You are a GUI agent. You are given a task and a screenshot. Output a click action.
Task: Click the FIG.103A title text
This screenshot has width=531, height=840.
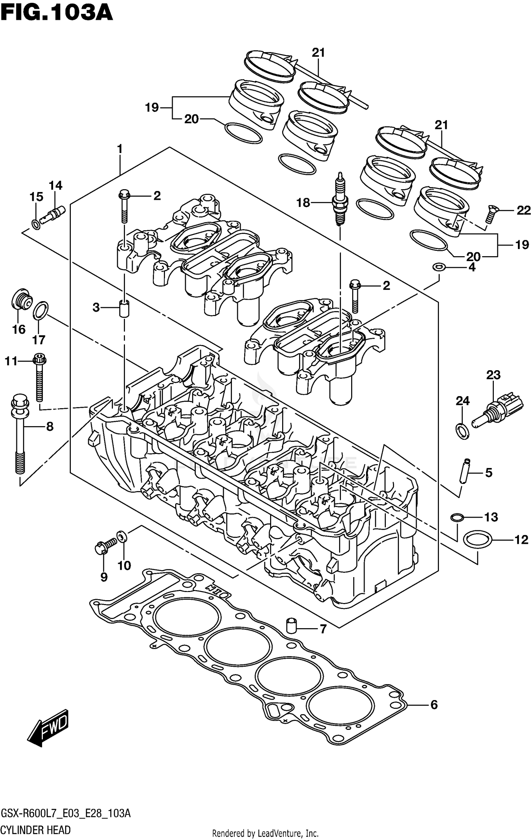pos(57,13)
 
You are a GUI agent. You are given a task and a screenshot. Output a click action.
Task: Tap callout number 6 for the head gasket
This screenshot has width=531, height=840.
pos(434,705)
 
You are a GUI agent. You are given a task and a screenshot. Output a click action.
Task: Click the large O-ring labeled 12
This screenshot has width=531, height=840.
pos(477,540)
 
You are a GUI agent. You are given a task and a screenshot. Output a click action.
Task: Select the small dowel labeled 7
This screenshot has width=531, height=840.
pos(291,626)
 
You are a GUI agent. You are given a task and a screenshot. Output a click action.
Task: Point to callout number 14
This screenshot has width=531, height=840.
pos(56,185)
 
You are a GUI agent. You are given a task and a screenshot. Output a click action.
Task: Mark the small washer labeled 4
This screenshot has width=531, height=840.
pos(439,266)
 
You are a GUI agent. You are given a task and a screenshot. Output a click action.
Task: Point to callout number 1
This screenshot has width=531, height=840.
pos(120,149)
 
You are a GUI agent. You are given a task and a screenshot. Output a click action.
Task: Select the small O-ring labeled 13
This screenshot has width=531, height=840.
pos(457,518)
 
